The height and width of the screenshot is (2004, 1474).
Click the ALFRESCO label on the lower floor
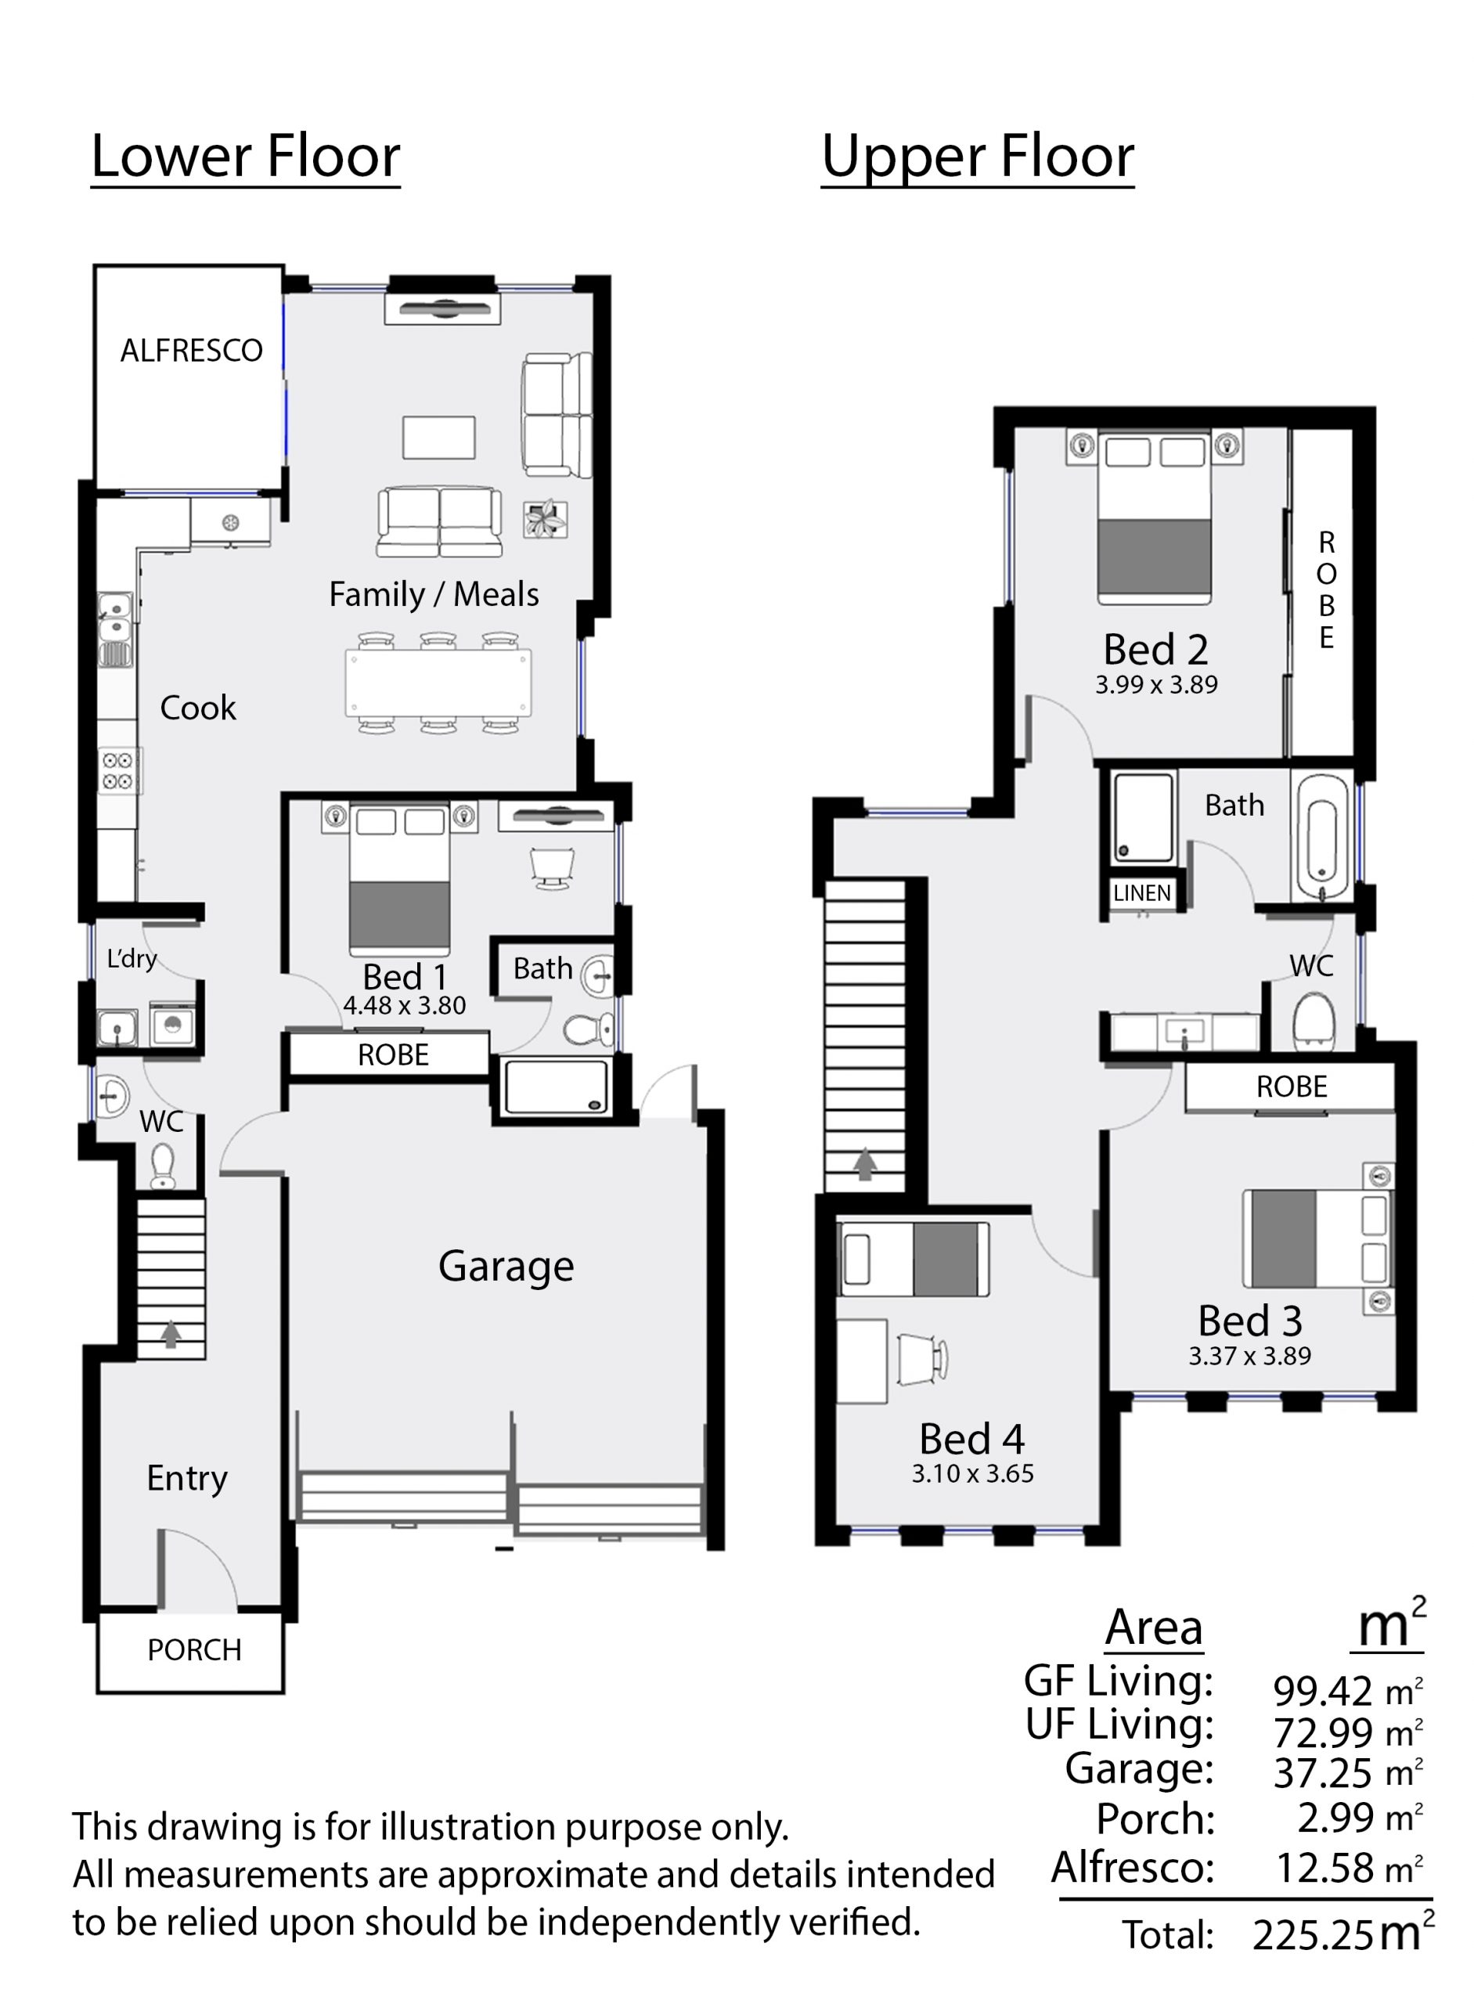pyautogui.click(x=192, y=351)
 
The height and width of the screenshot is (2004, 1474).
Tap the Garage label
pyautogui.click(x=506, y=1266)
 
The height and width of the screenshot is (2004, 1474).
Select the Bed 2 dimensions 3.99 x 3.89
pyautogui.click(x=1156, y=684)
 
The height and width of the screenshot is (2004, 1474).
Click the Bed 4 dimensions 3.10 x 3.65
pyautogui.click(x=972, y=1473)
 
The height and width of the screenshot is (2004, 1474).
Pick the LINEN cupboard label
pyautogui.click(x=1142, y=893)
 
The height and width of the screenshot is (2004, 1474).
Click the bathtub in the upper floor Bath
pyautogui.click(x=1322, y=838)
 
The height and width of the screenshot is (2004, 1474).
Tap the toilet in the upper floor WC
pyautogui.click(x=1314, y=1020)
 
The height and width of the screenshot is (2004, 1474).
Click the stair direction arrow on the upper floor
pyautogui.click(x=864, y=1163)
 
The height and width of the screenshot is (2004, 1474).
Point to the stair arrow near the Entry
pyautogui.click(x=171, y=1333)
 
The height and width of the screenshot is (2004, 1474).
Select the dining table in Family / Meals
pyautogui.click(x=438, y=682)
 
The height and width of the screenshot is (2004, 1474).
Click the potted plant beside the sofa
pyautogui.click(x=545, y=518)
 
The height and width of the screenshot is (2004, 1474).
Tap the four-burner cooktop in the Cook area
pyautogui.click(x=117, y=771)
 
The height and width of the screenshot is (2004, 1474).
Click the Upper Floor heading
pyautogui.click(x=978, y=157)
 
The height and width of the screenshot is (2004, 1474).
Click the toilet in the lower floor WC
pyautogui.click(x=162, y=1166)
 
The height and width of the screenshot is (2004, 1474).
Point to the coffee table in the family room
pyautogui.click(x=438, y=438)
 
